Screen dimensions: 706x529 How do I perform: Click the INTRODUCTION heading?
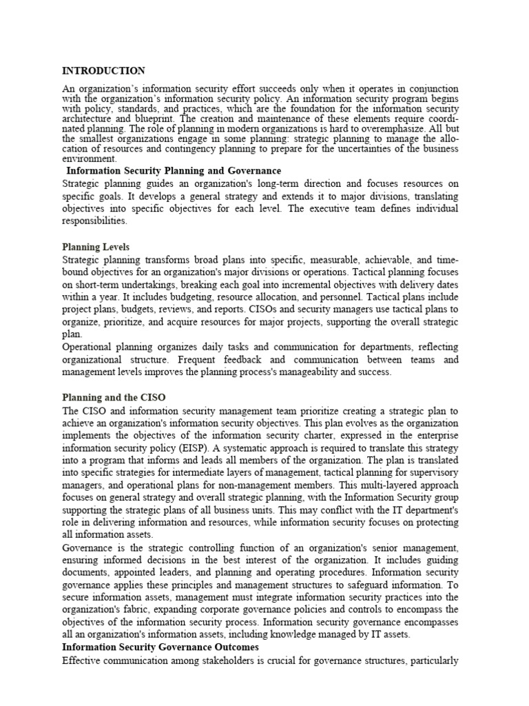pos(103,70)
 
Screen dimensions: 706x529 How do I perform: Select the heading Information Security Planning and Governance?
pos(174,170)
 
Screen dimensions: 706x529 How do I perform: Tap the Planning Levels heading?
pos(96,247)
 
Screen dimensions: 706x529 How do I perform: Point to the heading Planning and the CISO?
pos(114,397)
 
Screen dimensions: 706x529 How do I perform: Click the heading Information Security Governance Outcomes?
pos(160,647)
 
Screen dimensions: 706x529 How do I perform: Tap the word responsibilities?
pos(95,221)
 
